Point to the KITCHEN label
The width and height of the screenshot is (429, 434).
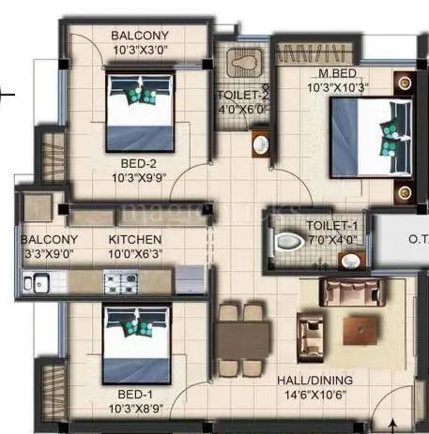[x=135, y=240]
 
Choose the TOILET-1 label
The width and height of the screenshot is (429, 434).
[x=332, y=226]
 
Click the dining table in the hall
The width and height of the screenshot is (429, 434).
[x=243, y=334]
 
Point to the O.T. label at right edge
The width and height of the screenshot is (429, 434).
[x=417, y=239]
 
